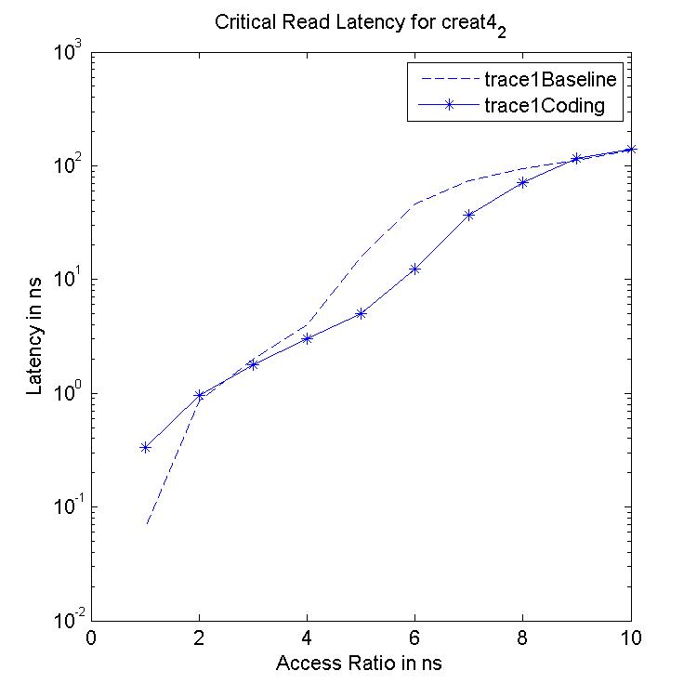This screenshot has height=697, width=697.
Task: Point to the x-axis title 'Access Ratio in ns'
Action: (x=361, y=664)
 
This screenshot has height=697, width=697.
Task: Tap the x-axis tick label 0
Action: (x=91, y=639)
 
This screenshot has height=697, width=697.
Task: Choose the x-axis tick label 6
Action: (x=415, y=639)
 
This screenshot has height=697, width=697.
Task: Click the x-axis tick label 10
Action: (x=630, y=639)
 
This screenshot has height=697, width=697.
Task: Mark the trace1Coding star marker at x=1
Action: (x=145, y=447)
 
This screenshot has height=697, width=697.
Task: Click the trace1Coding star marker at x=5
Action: (x=361, y=313)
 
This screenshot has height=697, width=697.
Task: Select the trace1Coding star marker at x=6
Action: (x=415, y=269)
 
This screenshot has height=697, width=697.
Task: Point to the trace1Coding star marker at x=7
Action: (x=469, y=215)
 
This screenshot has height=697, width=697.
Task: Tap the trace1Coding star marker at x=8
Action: (x=523, y=182)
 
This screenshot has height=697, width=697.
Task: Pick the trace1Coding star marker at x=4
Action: (x=307, y=338)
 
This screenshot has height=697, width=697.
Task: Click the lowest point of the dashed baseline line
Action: (x=147, y=524)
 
